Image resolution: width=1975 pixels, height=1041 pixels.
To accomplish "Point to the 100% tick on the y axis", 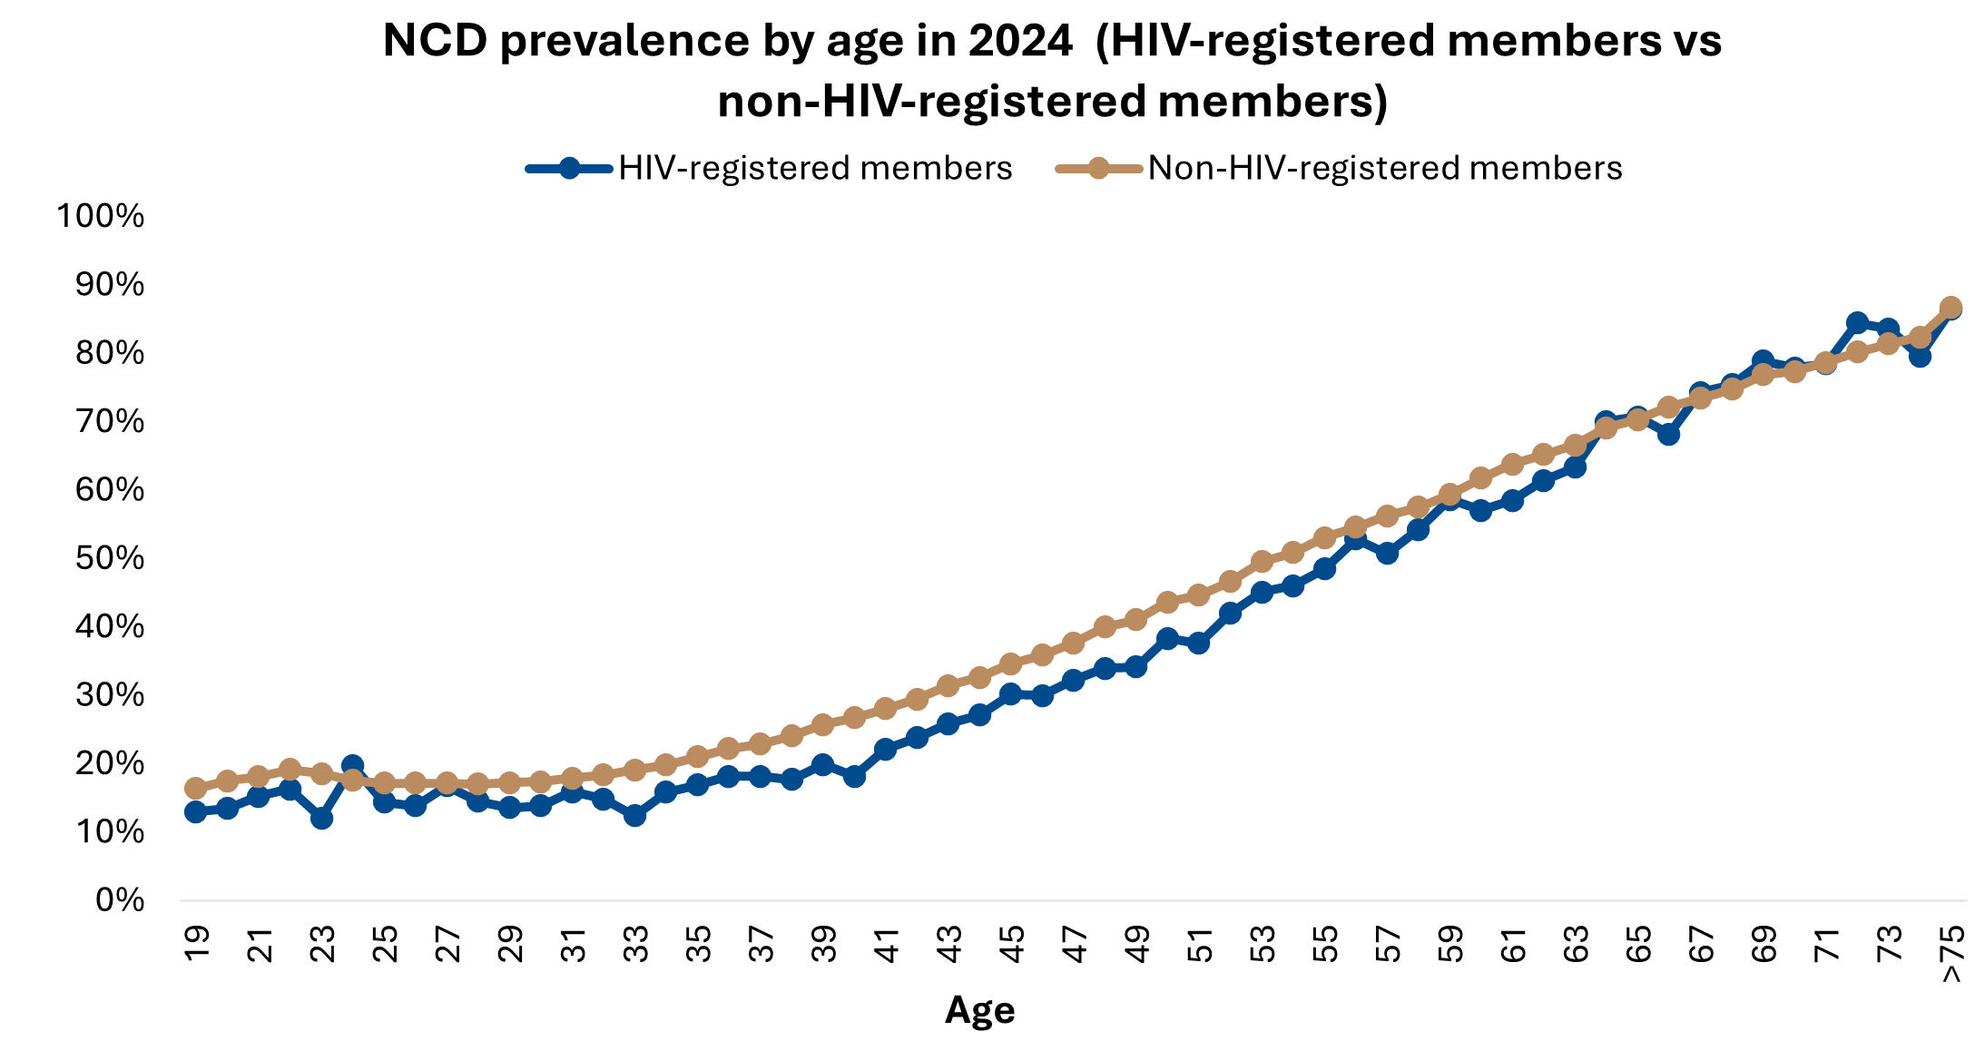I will pos(101,216).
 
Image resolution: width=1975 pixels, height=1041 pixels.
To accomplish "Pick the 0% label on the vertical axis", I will pos(120,900).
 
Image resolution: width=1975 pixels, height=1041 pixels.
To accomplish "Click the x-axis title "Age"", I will pos(980,1010).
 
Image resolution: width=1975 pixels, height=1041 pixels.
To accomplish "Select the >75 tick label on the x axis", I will pos(1952,954).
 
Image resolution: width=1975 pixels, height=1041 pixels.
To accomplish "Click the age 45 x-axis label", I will pos(1012,944).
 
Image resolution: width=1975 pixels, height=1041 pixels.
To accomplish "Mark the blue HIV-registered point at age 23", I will pos(321,818).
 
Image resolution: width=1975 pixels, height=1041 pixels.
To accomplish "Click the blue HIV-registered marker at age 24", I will pos(353,766).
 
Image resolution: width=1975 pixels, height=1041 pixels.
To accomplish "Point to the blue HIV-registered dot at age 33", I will pos(635,815).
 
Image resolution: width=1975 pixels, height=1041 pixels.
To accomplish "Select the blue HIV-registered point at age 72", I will pos(1857,323).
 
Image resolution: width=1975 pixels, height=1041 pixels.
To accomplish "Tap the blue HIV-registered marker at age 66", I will pos(1668,434).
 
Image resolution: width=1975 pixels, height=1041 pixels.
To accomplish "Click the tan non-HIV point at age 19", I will pos(196,788).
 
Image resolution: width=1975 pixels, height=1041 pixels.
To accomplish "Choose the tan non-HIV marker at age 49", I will pos(1135,620).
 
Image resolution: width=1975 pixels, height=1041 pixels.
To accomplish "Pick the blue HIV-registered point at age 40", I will pos(854,776).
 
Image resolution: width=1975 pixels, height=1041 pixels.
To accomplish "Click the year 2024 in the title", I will pos(1020,42).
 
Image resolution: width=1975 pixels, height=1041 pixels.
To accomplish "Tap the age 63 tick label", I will pos(1577,944).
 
